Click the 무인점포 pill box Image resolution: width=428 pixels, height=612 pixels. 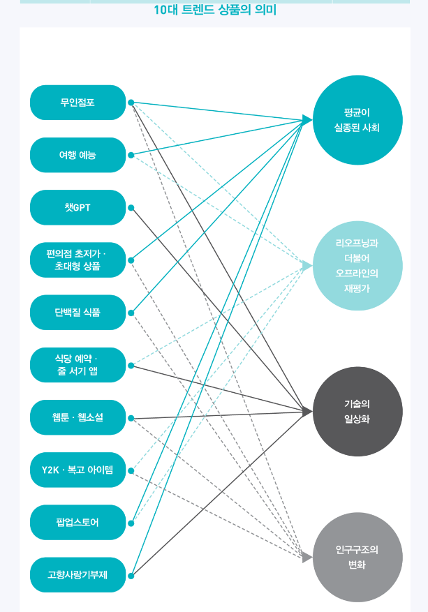coord(78,103)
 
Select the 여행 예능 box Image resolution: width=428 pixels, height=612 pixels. coord(78,155)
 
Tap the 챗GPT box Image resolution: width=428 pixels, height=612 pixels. coord(78,207)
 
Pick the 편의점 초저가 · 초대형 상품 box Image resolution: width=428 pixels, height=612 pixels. coord(78,260)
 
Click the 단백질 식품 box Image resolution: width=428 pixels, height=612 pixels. coord(78,312)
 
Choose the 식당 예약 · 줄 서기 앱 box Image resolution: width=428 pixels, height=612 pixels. coord(78,364)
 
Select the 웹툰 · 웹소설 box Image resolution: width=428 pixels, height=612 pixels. coord(78,417)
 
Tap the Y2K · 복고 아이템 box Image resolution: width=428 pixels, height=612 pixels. coord(78,470)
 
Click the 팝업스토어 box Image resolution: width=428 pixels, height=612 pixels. coord(78,522)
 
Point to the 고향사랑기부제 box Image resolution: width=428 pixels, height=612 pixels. coord(78,575)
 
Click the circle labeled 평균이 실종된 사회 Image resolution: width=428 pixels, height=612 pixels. coord(357,119)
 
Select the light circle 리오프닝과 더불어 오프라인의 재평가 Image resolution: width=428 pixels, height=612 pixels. coord(357,266)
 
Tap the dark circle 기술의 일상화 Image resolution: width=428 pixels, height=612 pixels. coord(357,412)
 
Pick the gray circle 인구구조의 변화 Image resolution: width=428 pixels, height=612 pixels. coord(357,558)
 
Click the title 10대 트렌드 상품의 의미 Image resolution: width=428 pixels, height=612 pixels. coord(214,10)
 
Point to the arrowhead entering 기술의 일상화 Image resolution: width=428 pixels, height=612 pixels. coord(308,412)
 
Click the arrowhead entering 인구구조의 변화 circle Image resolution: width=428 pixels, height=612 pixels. coord(307,558)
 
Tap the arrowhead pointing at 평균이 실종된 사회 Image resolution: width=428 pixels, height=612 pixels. coord(308,120)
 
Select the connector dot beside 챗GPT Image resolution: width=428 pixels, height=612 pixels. coord(131,207)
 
